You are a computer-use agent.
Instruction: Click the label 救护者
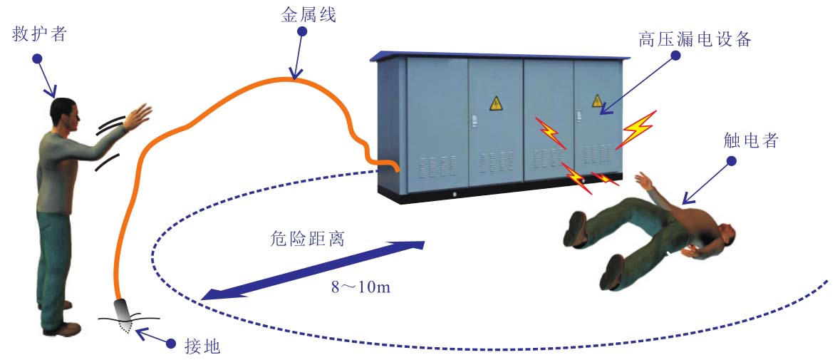[40, 34]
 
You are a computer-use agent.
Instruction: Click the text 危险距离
[308, 238]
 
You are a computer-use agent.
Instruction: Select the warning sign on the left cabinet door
[496, 103]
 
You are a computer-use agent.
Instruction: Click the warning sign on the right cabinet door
[597, 101]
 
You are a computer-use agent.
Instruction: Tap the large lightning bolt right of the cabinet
[638, 128]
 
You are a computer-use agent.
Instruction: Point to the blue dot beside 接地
[171, 344]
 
